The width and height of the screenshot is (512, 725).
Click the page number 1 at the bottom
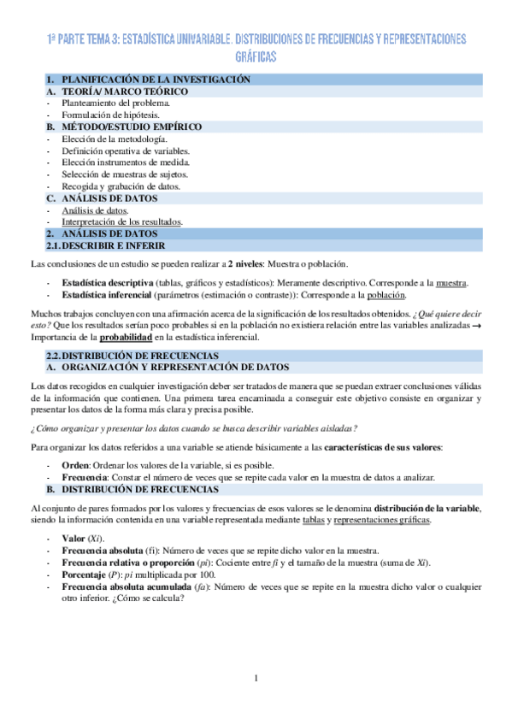click(256, 680)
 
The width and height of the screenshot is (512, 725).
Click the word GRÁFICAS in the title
click(256, 56)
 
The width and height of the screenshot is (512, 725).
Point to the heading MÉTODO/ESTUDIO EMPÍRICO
click(132, 127)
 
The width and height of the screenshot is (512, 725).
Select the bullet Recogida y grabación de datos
click(121, 186)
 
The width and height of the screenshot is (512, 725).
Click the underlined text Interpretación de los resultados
click(121, 221)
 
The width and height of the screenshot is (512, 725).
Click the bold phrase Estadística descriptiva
click(108, 282)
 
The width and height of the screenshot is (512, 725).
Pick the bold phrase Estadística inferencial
click(108, 295)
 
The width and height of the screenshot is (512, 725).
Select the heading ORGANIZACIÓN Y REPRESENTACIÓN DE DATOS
click(162, 368)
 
